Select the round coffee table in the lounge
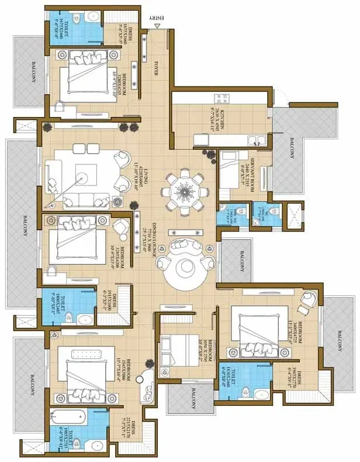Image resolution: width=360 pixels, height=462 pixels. click(x=186, y=267)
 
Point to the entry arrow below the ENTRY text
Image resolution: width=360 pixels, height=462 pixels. click(x=156, y=27)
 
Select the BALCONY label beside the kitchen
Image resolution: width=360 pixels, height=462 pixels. click(x=293, y=147)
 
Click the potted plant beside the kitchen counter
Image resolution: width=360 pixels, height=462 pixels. click(x=208, y=154)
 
